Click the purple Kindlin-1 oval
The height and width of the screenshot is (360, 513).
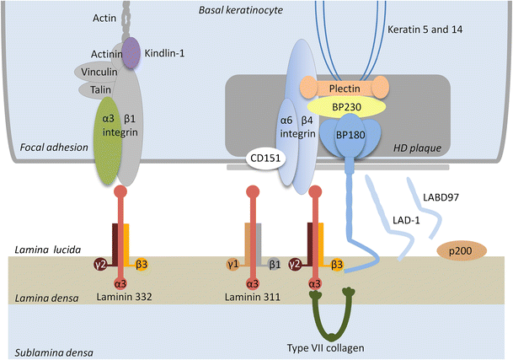coord(131,53)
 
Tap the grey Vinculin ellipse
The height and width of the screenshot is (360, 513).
coord(99,73)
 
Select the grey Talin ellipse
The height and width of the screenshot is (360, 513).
coord(100,89)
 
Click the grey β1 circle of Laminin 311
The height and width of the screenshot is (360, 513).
coord(274,264)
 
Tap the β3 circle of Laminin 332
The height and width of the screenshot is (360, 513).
coord(142,264)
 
